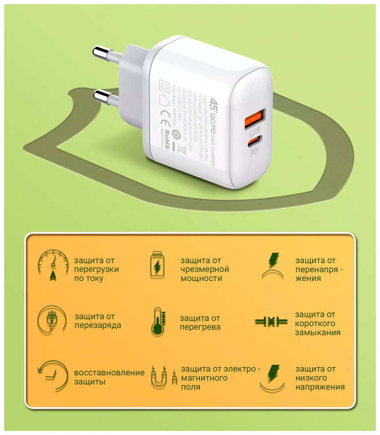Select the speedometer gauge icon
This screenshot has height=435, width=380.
(x=53, y=266)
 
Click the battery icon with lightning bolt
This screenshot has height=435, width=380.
(x=157, y=265)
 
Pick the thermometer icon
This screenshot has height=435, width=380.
(x=158, y=322)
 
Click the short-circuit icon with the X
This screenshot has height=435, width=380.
(x=271, y=322)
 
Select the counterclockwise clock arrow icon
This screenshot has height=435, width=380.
(x=52, y=375)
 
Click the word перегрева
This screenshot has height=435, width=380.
(x=200, y=327)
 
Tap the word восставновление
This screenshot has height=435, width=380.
(x=109, y=372)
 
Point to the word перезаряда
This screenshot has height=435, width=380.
(x=98, y=325)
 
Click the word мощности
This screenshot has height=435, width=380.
(x=201, y=279)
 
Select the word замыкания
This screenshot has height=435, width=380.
(x=318, y=333)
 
